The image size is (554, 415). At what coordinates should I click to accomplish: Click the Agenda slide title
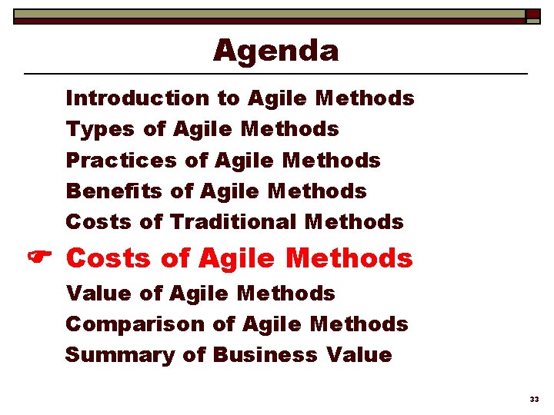275,51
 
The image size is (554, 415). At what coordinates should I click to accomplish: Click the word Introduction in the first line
137,98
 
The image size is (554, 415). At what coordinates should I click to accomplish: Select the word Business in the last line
264,355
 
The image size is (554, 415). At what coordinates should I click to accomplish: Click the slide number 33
534,399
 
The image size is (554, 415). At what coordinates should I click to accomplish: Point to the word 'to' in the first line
229,98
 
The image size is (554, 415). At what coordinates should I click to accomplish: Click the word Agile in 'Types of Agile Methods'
203,130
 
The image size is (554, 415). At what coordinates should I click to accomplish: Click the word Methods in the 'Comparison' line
359,324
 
